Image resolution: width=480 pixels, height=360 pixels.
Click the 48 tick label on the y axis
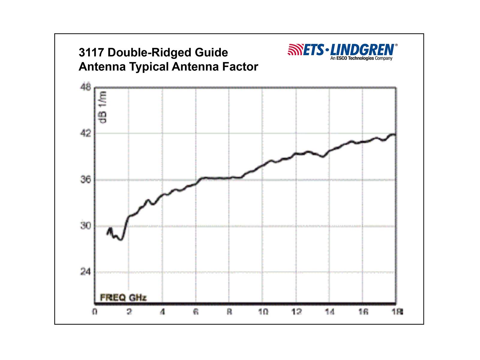85,87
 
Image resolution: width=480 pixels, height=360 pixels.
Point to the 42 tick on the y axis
85,133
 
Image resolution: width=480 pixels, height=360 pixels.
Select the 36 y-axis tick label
85,180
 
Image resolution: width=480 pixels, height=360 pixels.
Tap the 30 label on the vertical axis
85,226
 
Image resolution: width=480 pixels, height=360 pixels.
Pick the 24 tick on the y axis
85,272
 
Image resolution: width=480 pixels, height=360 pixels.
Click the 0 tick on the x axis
95,312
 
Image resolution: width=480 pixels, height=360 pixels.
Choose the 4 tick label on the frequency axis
162,312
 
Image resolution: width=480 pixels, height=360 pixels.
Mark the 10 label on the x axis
263,312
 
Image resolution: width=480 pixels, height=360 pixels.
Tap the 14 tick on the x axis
329,312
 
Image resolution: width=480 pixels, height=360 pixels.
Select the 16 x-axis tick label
363,312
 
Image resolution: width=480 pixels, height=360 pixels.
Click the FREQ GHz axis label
123,298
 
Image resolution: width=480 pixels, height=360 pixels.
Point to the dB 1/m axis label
103,107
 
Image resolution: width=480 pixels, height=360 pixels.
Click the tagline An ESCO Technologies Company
361,58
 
